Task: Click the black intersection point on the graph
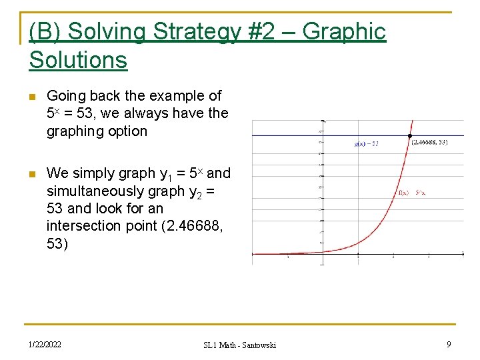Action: pos(409,137)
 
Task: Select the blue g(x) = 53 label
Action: pos(366,143)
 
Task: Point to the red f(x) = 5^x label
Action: pos(412,193)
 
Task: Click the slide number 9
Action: pos(449,344)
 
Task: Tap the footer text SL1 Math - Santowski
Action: pos(239,345)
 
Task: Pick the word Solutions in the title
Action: pos(78,60)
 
